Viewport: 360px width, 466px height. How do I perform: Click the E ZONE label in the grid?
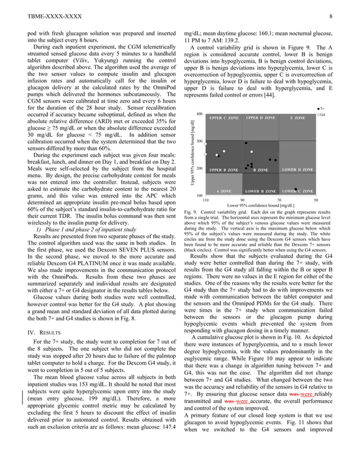pos(297,118)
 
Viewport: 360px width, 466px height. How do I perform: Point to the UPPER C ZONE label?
pos(223,118)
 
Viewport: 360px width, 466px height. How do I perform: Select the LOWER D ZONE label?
pos(297,169)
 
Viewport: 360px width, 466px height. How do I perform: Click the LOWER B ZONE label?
pos(260,191)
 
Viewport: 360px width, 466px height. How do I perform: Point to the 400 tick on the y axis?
pos(199,114)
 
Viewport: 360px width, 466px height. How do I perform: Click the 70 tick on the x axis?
pos(279,200)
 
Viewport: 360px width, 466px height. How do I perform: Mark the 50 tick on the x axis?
pos(316,200)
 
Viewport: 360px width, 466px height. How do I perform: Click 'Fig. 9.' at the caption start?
pos(191,212)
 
